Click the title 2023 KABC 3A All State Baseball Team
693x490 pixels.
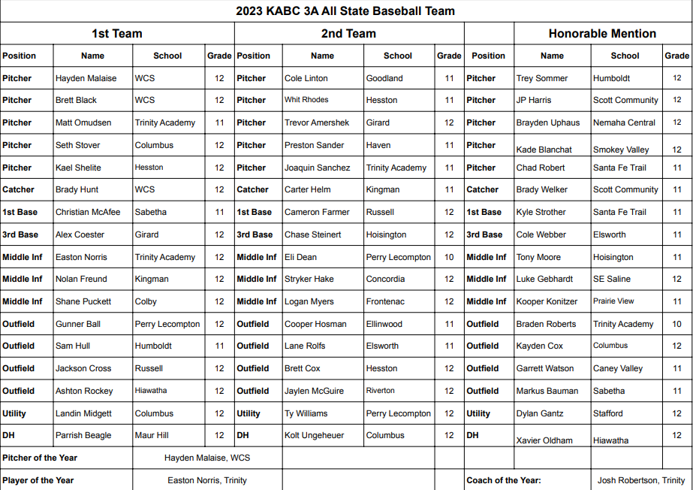click(x=345, y=11)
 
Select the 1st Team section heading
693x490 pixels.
click(x=117, y=34)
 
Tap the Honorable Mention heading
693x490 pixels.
click(x=602, y=34)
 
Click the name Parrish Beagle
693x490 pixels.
click(x=83, y=435)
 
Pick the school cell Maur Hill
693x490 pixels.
click(x=152, y=435)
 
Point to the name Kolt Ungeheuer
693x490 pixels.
click(x=314, y=435)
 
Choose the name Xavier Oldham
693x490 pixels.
click(x=544, y=440)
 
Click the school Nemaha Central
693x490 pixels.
click(x=624, y=122)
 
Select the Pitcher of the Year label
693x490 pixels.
click(x=40, y=458)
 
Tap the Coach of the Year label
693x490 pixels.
click(x=503, y=480)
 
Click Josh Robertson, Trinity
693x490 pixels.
click(x=641, y=480)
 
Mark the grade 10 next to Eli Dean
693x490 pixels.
click(x=449, y=257)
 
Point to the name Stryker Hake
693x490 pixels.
click(x=309, y=279)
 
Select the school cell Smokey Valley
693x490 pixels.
click(x=622, y=150)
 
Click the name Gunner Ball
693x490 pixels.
click(x=78, y=324)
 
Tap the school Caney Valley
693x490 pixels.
click(x=618, y=368)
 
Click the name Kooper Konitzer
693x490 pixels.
click(x=547, y=301)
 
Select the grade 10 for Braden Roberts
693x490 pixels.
click(x=677, y=324)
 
